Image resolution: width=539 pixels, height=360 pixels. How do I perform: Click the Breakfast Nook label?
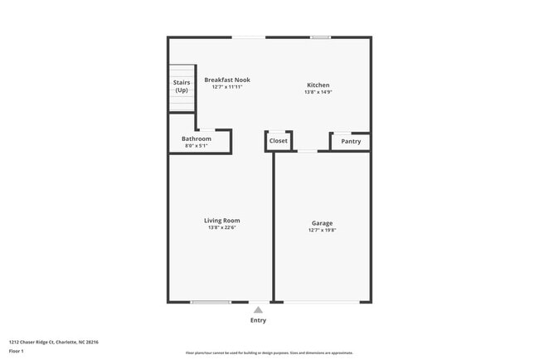tap(227, 80)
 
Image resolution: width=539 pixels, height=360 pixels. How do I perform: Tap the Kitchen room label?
tap(318, 85)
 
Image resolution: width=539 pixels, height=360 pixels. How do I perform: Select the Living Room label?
tap(222, 220)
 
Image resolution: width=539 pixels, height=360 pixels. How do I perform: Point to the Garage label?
tap(323, 223)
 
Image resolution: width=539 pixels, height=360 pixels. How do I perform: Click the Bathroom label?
tap(197, 139)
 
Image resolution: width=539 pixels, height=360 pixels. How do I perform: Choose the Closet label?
tap(278, 141)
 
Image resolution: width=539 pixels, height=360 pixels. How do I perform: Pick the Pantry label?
tap(351, 141)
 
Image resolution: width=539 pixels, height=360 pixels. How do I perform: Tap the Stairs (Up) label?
tap(182, 86)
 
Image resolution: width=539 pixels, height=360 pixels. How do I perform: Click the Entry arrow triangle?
tap(258, 310)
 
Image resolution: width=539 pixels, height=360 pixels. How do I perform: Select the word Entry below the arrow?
tap(258, 320)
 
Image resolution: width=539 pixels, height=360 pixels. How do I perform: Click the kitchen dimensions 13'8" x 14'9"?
tap(318, 92)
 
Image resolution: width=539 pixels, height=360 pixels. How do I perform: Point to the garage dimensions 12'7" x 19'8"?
tap(323, 230)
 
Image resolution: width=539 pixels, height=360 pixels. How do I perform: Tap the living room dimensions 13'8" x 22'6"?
tap(222, 226)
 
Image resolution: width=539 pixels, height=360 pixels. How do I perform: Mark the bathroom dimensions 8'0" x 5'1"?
tap(197, 146)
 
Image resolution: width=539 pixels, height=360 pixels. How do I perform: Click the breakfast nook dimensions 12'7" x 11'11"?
tap(227, 86)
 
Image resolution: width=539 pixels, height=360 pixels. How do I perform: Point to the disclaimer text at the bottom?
tap(269, 353)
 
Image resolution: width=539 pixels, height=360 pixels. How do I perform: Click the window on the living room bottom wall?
tap(211, 302)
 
